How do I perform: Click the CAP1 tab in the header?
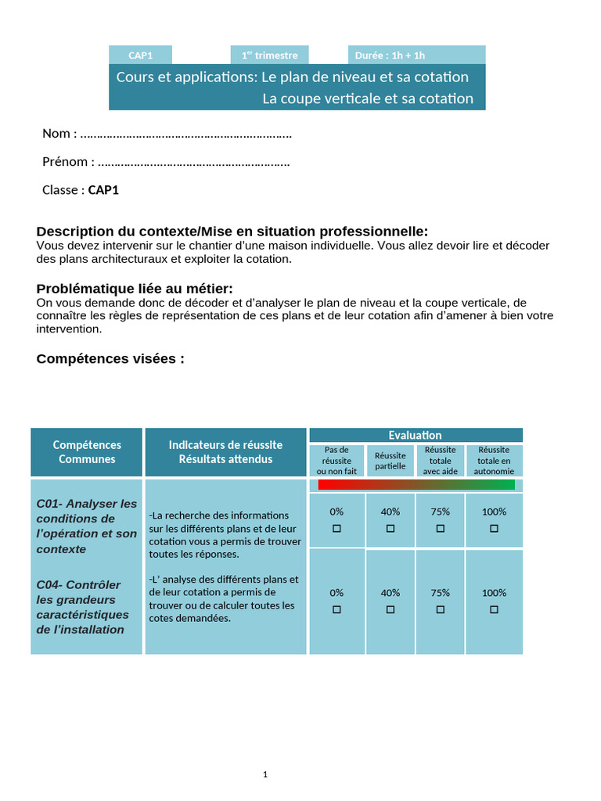(140, 55)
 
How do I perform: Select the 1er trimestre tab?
(269, 55)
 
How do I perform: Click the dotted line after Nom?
(186, 134)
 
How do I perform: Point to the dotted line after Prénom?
(194, 163)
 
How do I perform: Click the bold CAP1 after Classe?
(103, 190)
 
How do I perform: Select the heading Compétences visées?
(110, 359)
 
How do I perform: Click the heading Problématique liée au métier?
(135, 289)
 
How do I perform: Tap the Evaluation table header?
(416, 435)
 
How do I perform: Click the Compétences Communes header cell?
(87, 452)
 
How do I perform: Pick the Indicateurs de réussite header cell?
(225, 452)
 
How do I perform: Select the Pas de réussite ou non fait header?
(336, 461)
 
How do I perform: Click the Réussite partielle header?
(390, 461)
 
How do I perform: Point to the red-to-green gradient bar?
(416, 485)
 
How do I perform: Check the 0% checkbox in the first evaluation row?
(336, 529)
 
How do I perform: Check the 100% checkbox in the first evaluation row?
(494, 529)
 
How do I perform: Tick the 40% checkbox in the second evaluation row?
(390, 609)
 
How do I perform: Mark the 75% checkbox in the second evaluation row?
(440, 609)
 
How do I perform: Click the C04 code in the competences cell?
(49, 584)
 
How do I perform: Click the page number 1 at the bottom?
(265, 774)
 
